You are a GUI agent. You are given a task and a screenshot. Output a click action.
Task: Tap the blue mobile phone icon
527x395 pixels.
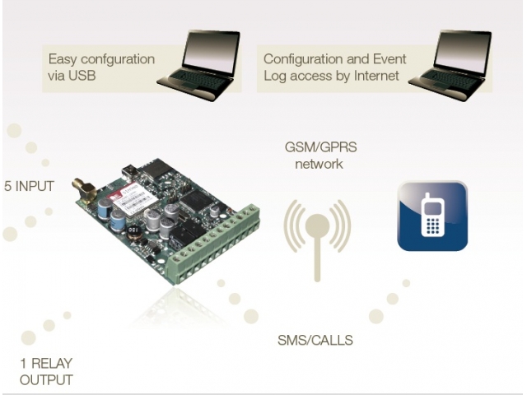[x=432, y=216]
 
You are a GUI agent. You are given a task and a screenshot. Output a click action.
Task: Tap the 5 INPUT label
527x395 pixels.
[x=29, y=186]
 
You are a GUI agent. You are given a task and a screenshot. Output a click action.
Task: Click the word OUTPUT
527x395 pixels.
[x=46, y=380]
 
